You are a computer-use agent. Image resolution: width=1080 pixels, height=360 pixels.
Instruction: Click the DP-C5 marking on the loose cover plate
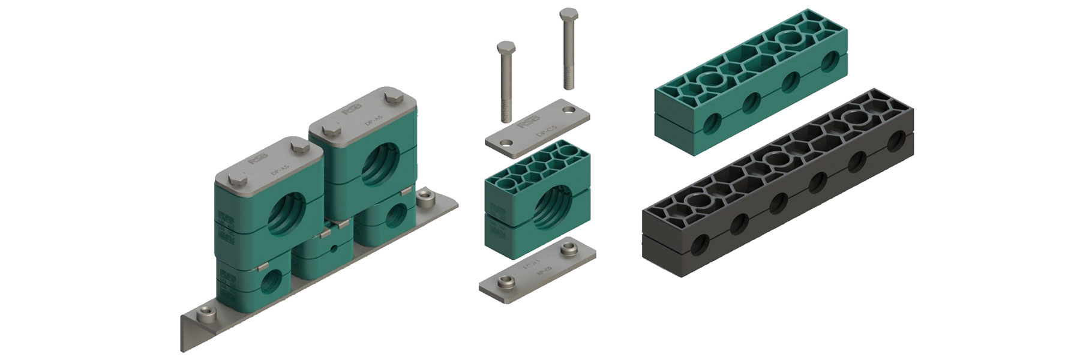[x=542, y=127]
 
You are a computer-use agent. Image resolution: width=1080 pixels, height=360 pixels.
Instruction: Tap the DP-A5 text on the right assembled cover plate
[x=370, y=120]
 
